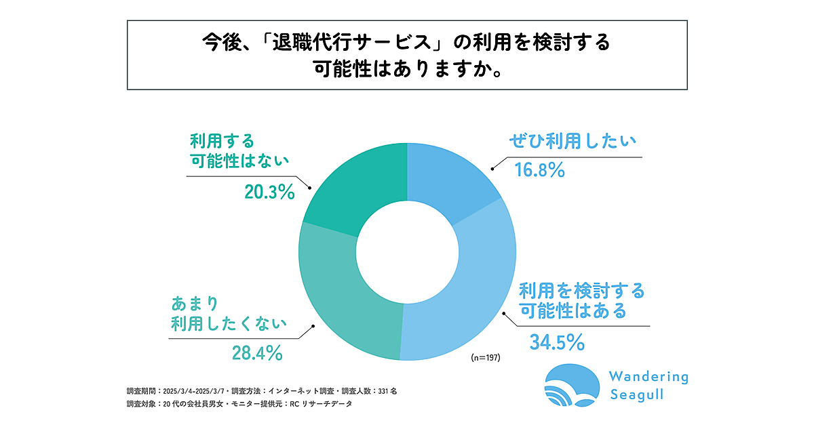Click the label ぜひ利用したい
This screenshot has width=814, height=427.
tap(573, 141)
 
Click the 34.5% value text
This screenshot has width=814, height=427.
tap(557, 342)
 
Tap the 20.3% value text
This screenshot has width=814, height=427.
tap(269, 192)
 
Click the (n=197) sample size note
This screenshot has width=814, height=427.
tap(485, 357)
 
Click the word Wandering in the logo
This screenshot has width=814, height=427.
tap(648, 376)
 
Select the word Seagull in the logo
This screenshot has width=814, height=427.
tap(637, 395)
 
